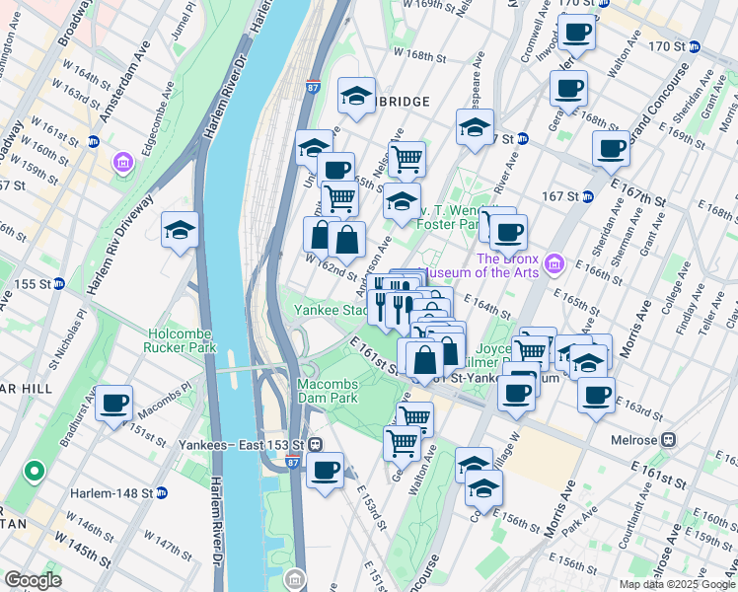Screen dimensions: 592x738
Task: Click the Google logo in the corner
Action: tap(33, 580)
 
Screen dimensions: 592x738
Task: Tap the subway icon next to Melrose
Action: tap(669, 438)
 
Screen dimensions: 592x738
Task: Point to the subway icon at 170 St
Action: tap(695, 46)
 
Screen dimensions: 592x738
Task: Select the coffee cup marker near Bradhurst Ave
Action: tap(114, 404)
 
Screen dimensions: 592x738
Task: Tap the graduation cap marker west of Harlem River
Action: tap(180, 231)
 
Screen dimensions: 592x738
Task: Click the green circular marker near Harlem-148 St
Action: tap(34, 473)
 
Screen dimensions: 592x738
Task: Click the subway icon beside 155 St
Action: tap(58, 284)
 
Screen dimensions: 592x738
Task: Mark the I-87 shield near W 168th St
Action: tap(313, 88)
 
